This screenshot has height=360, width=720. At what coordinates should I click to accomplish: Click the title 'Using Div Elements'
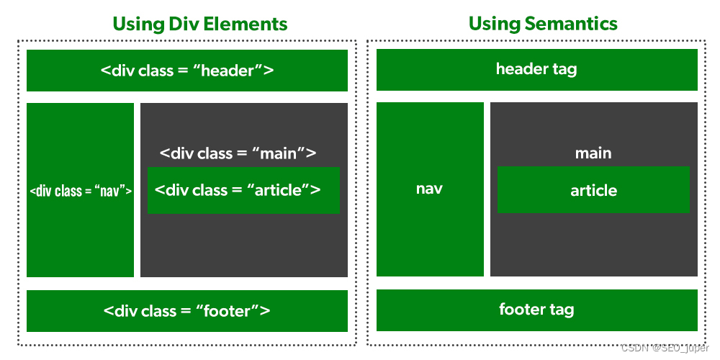tap(199, 24)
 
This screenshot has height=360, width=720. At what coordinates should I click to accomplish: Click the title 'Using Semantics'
tap(543, 24)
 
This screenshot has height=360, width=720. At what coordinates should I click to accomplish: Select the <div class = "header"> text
tap(187, 71)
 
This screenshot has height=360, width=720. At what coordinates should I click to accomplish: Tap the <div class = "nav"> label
tap(81, 191)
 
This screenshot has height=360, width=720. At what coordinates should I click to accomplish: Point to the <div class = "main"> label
tap(238, 153)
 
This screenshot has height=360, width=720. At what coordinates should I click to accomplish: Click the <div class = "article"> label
tap(238, 189)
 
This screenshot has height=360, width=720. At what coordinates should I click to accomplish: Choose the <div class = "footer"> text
tap(187, 311)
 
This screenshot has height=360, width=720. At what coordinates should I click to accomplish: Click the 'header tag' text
tap(536, 69)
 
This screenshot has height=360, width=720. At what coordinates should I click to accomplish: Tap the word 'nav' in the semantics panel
tap(429, 189)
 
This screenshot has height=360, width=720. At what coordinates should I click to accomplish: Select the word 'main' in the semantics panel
tap(593, 153)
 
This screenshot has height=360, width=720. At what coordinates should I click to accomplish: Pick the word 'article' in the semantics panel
tap(594, 191)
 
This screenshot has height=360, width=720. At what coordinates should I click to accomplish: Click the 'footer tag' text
tap(536, 310)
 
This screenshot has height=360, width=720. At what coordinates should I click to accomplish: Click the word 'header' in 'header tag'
tap(518, 69)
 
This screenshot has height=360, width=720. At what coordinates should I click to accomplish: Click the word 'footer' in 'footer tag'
tap(521, 309)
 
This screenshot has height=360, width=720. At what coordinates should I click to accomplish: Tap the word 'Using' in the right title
tap(493, 24)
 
